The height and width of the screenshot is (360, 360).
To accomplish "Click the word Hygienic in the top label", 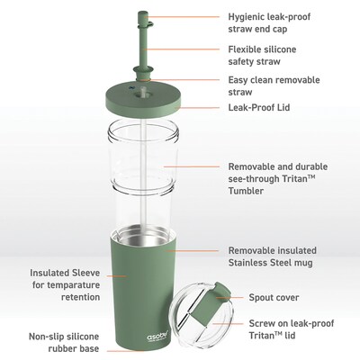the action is (x=247, y=17).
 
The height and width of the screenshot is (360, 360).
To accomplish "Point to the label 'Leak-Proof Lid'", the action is (x=259, y=107).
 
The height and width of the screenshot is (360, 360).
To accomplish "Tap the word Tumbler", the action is (x=247, y=191).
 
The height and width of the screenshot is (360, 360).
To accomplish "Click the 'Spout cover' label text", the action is (x=274, y=298).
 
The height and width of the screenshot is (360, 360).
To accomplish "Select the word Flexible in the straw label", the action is (x=245, y=49).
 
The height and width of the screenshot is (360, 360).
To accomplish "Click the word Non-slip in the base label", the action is (x=48, y=337).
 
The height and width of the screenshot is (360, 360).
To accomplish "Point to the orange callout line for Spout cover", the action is (x=230, y=298).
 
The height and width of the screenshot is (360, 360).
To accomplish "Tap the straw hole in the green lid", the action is (x=141, y=94).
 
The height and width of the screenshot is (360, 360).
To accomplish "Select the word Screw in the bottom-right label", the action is (x=262, y=323).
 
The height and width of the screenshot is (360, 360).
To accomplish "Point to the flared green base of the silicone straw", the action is (x=141, y=73).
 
